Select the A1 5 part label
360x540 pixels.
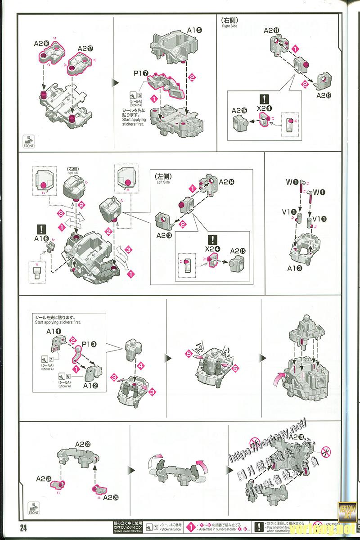[194, 31]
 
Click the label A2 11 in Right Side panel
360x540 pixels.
[271, 31]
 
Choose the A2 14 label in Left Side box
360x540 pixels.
[227, 182]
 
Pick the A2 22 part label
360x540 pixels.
[83, 445]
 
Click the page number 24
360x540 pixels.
[23, 528]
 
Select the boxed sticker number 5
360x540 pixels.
[139, 95]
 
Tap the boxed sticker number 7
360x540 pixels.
[51, 358]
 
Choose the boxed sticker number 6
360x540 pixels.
[68, 376]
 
